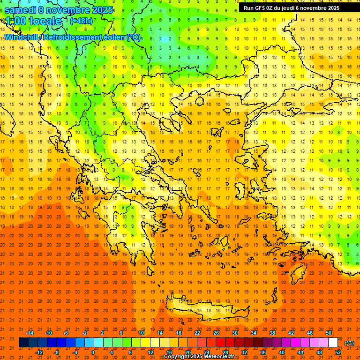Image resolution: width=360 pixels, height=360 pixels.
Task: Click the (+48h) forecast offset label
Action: click(81, 21)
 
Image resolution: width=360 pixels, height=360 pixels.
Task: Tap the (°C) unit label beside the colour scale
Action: click(349, 343)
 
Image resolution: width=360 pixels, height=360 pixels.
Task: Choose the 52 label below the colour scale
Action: click(338, 352)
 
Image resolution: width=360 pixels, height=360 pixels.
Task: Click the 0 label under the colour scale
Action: click(93, 352)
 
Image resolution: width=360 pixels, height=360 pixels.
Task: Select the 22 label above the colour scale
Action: click(197, 333)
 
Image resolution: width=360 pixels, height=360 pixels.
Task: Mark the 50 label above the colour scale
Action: click(329, 333)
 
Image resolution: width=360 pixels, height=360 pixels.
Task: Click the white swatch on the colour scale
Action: click(333, 343)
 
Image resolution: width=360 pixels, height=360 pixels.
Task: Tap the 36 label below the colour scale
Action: click(263, 352)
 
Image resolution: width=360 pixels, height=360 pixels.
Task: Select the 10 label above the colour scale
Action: click(141, 333)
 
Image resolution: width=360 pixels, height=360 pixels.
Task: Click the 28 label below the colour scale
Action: click(225, 352)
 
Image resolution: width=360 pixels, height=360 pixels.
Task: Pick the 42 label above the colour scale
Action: click(291, 333)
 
